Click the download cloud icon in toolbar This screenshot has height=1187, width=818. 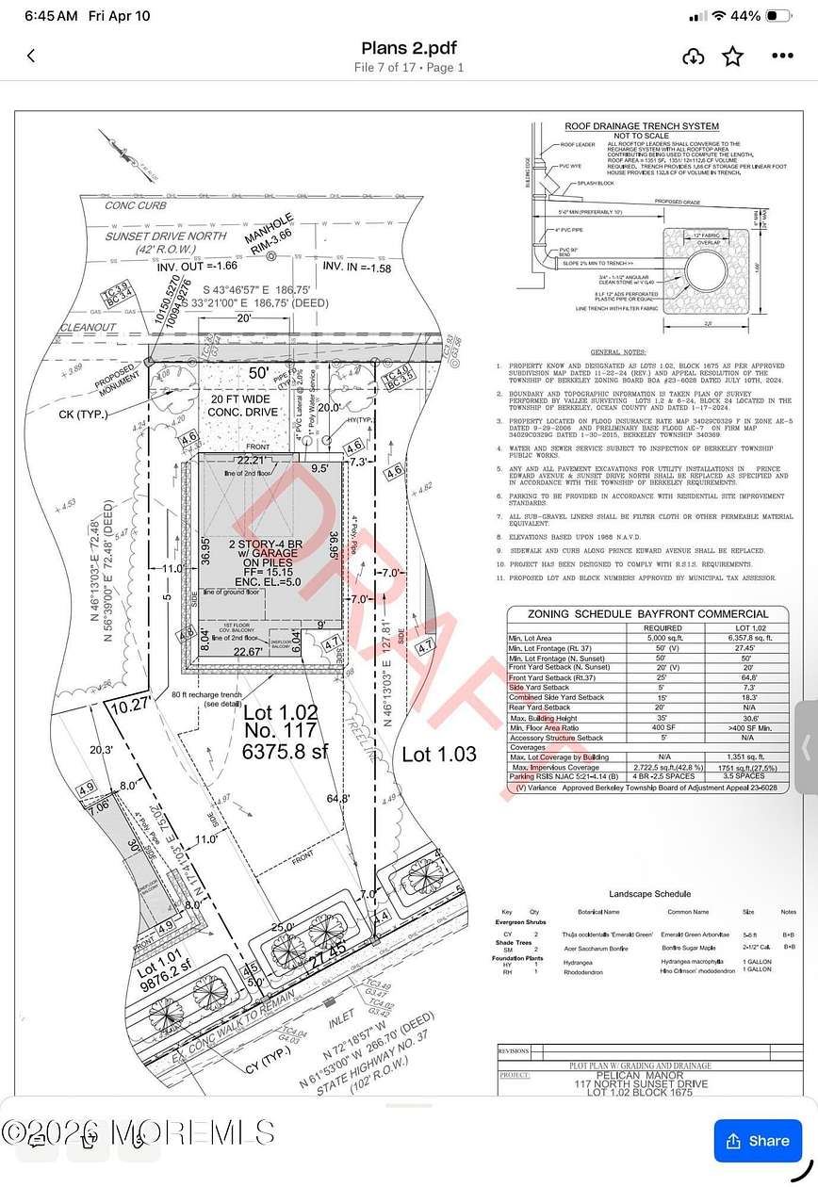(693, 57)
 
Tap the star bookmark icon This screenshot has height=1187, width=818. (732, 57)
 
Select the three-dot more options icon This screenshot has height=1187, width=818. (782, 57)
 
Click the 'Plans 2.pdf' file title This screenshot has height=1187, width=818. (408, 49)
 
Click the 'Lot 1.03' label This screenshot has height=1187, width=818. (439, 754)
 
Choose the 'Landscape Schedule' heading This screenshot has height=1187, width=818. (649, 894)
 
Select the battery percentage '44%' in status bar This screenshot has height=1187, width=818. (744, 16)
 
